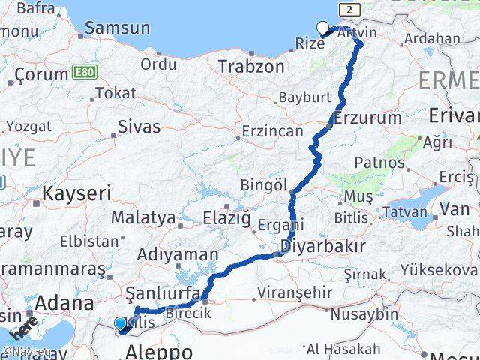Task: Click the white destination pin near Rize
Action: click(323, 28)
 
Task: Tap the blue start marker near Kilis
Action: click(120, 324)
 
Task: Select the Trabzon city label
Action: click(251, 67)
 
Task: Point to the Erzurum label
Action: click(367, 118)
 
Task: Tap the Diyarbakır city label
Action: click(323, 245)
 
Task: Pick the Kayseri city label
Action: click(76, 193)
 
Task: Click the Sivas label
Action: click(139, 127)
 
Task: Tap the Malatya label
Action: click(142, 218)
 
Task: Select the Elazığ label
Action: click(226, 218)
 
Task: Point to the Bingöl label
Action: click(264, 184)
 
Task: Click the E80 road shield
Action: click(84, 72)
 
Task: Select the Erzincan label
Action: click(272, 131)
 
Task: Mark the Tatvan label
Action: click(404, 212)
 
